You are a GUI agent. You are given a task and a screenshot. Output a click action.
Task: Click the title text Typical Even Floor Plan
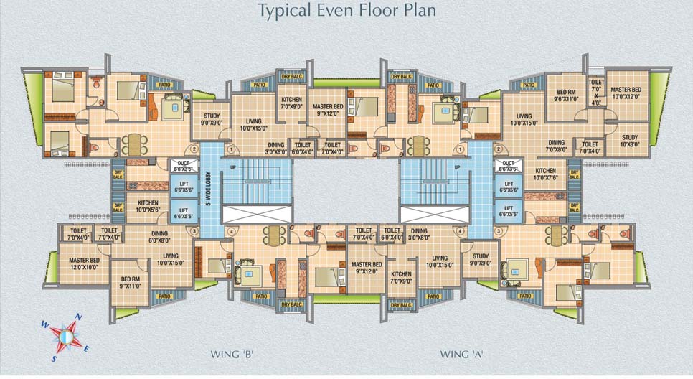[x=347, y=11]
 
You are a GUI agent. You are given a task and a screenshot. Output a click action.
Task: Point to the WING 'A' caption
[x=461, y=354]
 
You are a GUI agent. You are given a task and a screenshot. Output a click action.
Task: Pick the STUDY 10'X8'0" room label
[x=630, y=141]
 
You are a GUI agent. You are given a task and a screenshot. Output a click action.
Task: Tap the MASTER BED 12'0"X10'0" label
[x=84, y=263]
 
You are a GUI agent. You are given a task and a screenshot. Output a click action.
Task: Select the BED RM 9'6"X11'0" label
[x=567, y=97]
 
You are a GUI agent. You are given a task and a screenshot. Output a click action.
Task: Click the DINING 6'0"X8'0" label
[x=159, y=237]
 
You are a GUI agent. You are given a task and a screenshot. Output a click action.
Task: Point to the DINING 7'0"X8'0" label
[x=557, y=146]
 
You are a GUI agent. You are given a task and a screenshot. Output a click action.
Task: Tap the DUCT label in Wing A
[x=509, y=167]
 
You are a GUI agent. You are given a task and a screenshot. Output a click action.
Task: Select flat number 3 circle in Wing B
[x=194, y=231]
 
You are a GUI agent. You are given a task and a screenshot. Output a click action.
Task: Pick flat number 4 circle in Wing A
[x=458, y=231]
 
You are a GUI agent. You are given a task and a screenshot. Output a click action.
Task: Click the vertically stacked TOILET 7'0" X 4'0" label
[x=596, y=92]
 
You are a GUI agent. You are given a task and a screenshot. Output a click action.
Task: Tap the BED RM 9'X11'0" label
[x=130, y=282]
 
